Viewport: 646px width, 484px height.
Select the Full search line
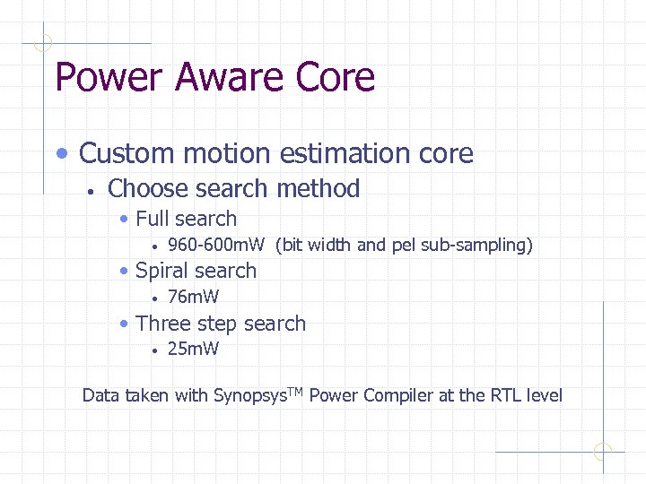tap(186, 219)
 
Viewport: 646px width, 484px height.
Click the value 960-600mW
tap(216, 245)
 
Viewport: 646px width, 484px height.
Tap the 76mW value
tap(193, 297)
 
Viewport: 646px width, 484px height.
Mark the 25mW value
tap(193, 349)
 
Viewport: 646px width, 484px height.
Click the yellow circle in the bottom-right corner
tap(603, 452)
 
